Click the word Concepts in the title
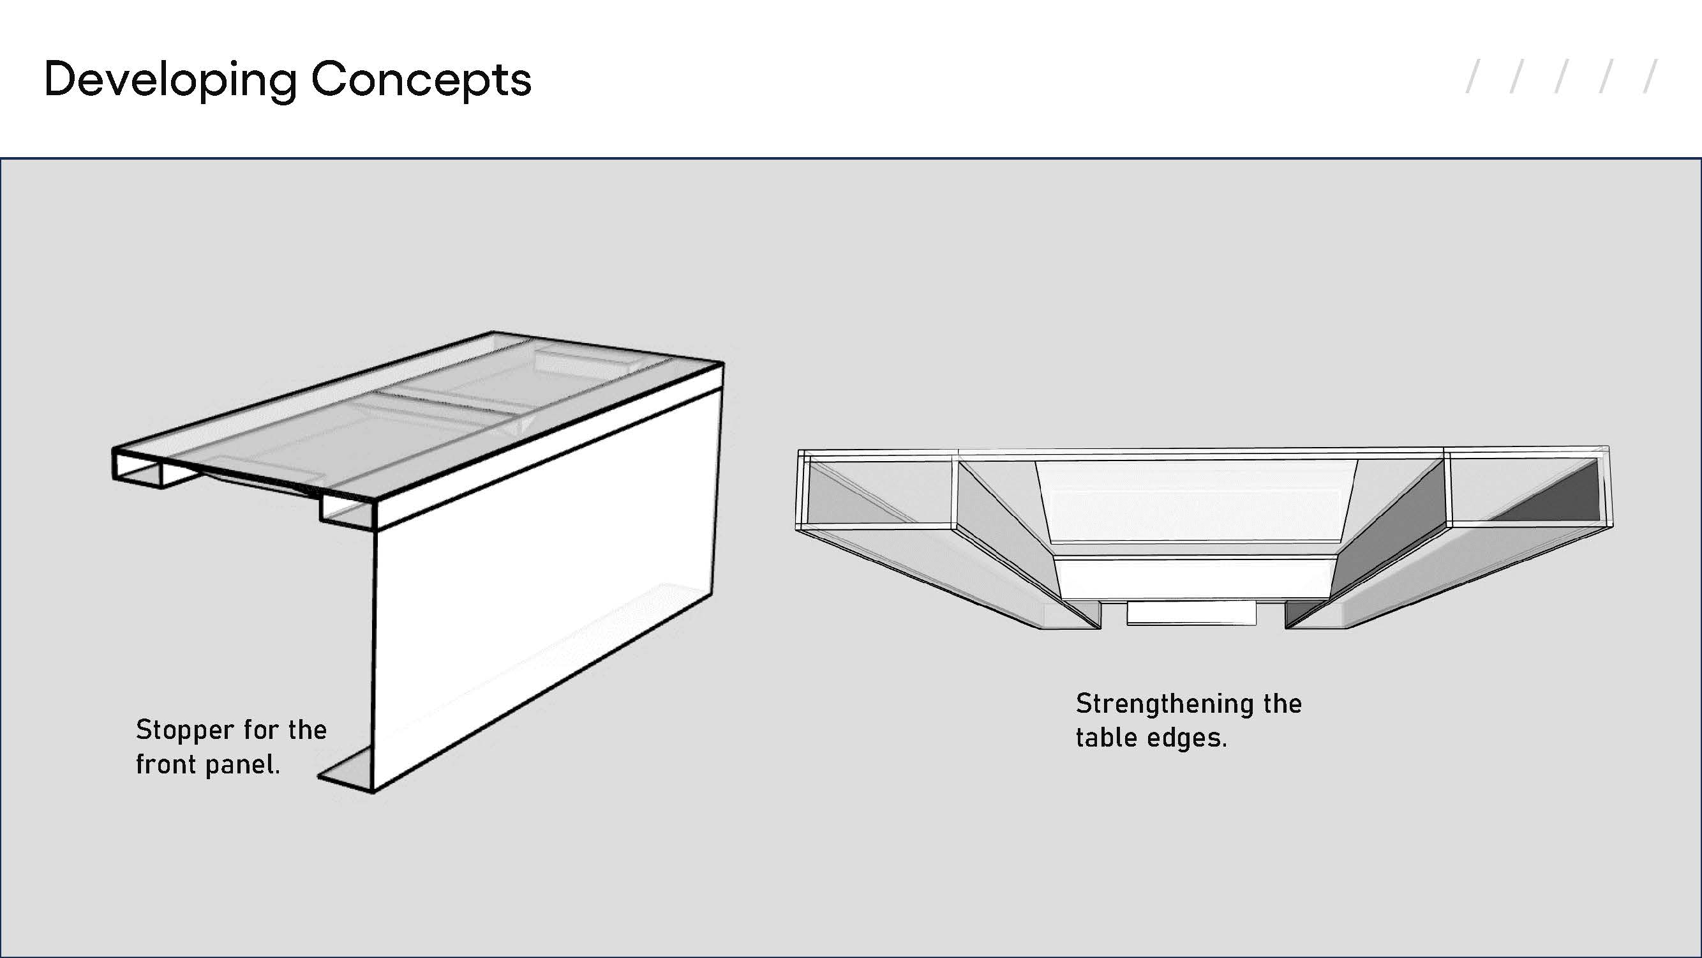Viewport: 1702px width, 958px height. click(421, 79)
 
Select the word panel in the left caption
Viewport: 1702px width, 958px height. click(243, 766)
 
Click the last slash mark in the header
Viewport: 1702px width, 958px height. click(1650, 77)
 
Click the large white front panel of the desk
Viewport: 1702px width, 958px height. click(545, 588)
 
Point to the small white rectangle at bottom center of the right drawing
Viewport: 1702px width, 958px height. click(1191, 612)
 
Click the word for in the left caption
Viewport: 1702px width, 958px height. click(261, 731)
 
